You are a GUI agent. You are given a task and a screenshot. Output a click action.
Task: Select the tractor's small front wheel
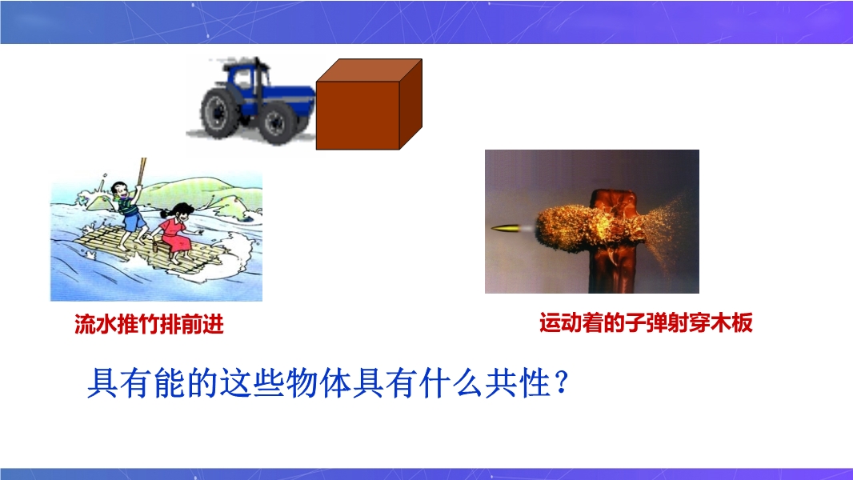276,123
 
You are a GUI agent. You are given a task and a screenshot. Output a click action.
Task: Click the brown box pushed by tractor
369,104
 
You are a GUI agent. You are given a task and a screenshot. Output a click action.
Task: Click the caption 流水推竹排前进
149,325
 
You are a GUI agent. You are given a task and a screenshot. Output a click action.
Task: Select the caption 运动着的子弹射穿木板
646,322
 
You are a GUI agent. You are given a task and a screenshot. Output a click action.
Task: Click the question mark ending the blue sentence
563,382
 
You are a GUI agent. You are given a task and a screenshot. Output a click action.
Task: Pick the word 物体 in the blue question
318,382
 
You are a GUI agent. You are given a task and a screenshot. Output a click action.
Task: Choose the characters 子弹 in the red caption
646,322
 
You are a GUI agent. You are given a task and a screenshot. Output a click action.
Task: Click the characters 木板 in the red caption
731,322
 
